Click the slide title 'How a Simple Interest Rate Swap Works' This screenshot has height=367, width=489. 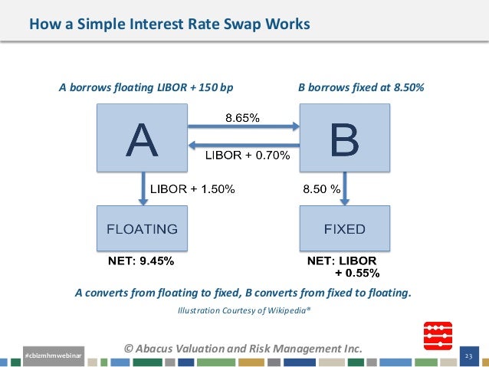tap(169, 25)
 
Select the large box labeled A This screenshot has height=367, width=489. tap(143, 138)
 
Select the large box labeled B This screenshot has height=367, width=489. tap(344, 138)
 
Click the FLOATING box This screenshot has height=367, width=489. tap(143, 228)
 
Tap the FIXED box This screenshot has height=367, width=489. tap(344, 228)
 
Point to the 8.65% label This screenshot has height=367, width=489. tap(241, 118)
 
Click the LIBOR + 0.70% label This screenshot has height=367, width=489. tap(248, 156)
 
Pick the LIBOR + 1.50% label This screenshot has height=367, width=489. tap(192, 188)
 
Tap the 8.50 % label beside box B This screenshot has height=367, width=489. tap(322, 188)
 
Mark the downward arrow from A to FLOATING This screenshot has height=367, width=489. tap(143, 188)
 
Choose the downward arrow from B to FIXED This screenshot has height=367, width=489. tap(345, 188)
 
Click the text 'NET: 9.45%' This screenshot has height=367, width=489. tap(140, 261)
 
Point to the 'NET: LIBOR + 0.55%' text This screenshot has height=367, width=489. tap(343, 267)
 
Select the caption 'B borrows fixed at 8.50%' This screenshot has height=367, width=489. tap(360, 87)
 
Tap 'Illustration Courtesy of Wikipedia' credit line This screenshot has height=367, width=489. tap(244, 310)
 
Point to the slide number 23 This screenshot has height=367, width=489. tap(472, 356)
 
